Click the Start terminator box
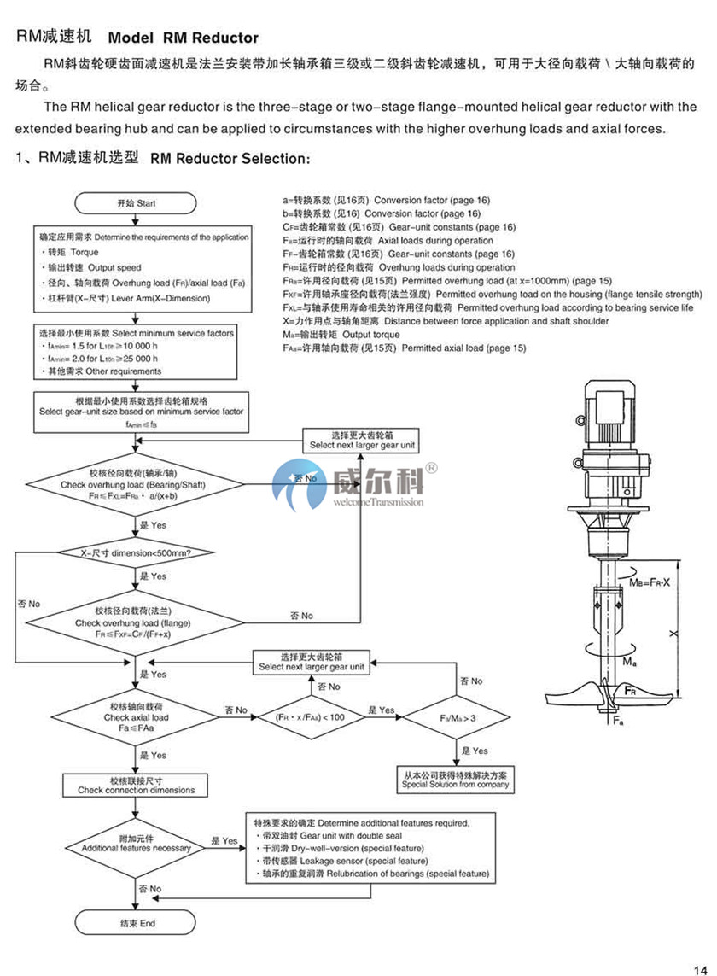137,204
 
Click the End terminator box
137,923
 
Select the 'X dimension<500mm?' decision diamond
136,552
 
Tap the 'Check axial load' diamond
136,717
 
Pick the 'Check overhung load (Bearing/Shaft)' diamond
136,482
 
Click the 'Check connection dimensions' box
136,786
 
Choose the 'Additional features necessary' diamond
136,842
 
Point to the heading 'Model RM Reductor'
183,38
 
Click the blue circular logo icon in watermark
294,488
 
